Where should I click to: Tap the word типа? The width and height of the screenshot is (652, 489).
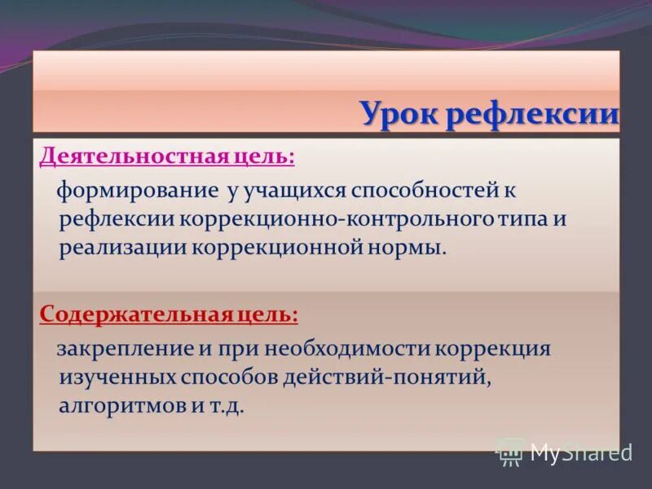519,219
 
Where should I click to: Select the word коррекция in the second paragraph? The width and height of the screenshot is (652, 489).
494,350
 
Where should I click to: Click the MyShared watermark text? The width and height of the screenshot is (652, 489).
580,452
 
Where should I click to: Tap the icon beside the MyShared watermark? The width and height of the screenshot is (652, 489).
511,451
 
